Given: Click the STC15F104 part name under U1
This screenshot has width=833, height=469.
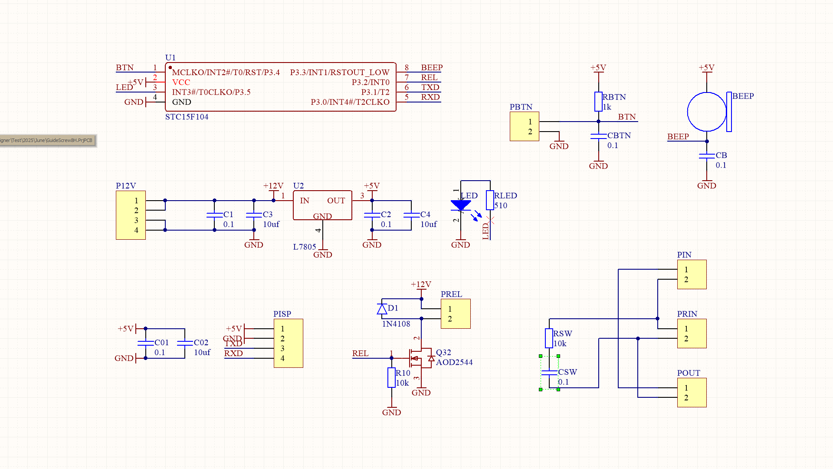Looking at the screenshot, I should point(187,117).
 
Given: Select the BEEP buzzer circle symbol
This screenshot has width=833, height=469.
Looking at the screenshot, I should point(706,112).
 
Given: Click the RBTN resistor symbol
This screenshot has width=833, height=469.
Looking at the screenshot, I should point(598,102).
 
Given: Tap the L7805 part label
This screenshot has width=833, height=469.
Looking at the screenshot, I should point(304,247).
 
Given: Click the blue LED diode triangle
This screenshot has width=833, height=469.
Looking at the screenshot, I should point(460,205).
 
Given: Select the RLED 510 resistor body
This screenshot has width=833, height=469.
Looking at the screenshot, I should point(490,200).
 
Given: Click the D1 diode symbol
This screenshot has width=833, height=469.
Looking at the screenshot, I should point(382,309).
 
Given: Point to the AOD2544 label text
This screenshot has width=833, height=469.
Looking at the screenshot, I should point(454,362).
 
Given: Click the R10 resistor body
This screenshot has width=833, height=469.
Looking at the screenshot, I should point(391,377).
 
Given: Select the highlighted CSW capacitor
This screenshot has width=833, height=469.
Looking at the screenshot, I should point(549,373).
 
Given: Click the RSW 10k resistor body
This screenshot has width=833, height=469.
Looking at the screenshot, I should point(549,338).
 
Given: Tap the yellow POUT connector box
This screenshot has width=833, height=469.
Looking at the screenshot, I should point(692,392).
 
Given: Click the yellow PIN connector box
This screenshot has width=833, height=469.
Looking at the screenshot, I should point(692,274).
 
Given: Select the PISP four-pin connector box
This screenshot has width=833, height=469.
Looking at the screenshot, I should point(288,343).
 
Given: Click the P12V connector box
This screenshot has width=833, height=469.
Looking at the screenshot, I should point(131,215).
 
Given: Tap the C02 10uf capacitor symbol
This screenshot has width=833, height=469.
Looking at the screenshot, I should point(185,343).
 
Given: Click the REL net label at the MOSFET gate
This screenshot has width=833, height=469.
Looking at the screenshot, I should point(360,353).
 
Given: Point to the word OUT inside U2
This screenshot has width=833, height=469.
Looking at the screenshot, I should point(336,201).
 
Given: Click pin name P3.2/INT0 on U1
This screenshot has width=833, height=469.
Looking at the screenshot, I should point(371,82).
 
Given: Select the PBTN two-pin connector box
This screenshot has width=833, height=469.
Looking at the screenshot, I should point(524,126).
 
